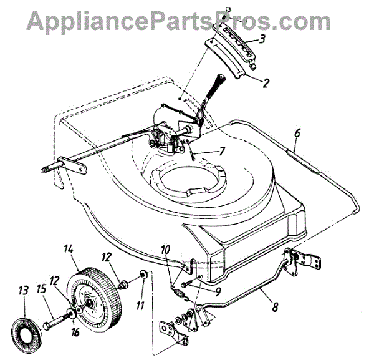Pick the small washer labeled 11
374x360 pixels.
[x=143, y=274]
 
